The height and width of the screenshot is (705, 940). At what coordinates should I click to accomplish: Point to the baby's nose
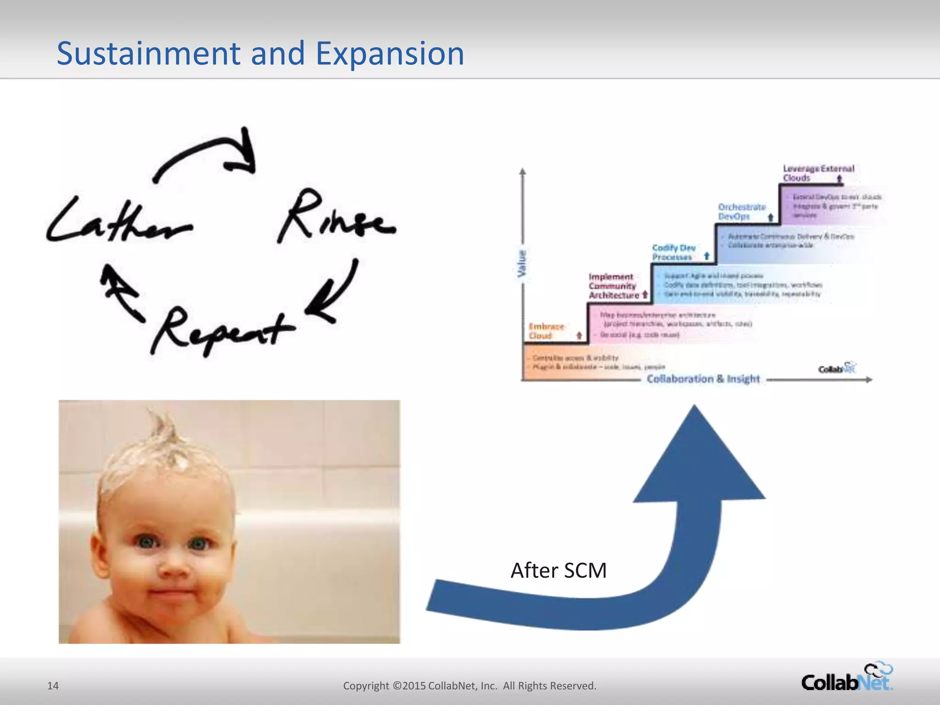[172, 569]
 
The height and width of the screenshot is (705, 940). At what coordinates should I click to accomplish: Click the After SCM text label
[559, 571]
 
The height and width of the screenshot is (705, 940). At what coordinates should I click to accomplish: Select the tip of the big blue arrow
[694, 408]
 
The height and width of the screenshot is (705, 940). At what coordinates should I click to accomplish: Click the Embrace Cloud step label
[546, 331]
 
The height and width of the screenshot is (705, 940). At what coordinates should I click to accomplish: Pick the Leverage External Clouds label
[818, 173]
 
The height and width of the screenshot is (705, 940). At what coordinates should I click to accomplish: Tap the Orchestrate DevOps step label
[741, 212]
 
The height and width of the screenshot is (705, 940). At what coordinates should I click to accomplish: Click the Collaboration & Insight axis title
[703, 379]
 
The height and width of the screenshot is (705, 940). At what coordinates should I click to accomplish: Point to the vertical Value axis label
[522, 263]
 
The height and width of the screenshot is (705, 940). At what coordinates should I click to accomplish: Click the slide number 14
[53, 686]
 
